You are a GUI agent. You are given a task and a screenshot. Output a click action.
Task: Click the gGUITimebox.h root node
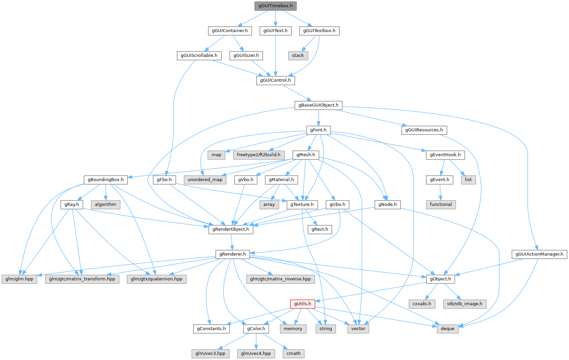(275, 6)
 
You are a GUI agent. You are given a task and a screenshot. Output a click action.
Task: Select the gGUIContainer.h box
(230, 31)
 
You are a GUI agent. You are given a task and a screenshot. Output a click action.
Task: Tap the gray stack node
(298, 56)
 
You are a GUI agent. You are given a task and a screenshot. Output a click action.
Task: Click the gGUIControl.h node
(275, 80)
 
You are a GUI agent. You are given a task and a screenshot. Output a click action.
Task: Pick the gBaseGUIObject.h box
(318, 105)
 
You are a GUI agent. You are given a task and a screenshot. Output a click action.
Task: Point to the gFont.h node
(318, 130)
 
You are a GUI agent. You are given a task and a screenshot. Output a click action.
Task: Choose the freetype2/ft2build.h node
(259, 155)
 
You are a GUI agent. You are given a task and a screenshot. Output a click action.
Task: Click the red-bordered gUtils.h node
(302, 304)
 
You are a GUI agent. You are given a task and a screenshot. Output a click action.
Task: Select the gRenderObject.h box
(230, 229)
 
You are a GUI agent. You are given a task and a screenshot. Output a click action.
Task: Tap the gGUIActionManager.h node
(539, 254)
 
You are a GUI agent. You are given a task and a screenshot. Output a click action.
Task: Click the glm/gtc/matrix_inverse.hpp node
(280, 279)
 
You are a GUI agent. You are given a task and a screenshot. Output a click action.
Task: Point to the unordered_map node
(205, 180)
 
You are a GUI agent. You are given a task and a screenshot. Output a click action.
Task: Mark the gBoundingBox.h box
(106, 180)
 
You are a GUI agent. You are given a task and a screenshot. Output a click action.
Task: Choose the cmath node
(293, 354)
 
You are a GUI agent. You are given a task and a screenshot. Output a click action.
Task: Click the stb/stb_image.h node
(464, 304)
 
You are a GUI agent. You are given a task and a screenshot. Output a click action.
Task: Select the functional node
(441, 205)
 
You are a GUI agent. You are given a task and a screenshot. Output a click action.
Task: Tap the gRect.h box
(320, 229)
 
